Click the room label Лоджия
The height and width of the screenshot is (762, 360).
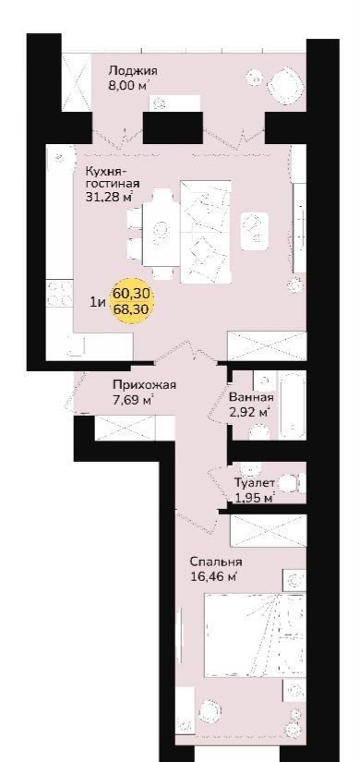(x=133, y=71)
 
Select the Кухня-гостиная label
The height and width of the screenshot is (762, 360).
(x=113, y=178)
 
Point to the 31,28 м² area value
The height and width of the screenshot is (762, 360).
(x=109, y=197)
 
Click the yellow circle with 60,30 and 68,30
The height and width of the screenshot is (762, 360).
(x=132, y=301)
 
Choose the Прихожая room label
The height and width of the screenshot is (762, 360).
(x=144, y=385)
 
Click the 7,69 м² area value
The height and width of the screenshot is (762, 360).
(x=133, y=401)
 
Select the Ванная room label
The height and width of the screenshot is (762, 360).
(x=251, y=397)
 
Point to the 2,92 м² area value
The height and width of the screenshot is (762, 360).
(x=248, y=413)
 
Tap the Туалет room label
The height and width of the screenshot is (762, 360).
(x=255, y=483)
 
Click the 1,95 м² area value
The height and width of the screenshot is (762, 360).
(x=255, y=498)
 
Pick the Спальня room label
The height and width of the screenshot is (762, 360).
(x=216, y=562)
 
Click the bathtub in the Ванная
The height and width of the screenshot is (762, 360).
(x=293, y=405)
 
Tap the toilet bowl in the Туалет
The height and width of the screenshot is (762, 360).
(x=294, y=483)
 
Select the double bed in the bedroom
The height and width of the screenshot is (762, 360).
(x=255, y=635)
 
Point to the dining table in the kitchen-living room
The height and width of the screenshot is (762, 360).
(x=161, y=228)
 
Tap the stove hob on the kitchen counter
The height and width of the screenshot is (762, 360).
(x=59, y=294)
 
